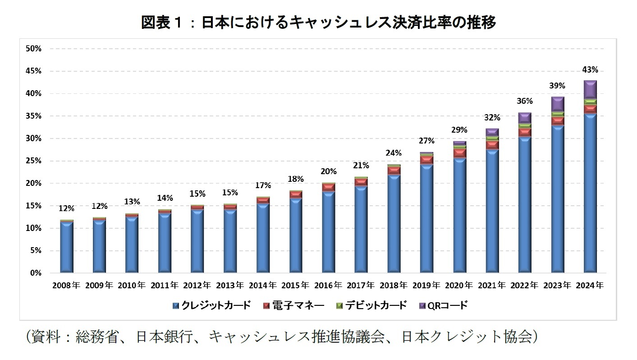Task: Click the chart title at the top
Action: coord(318,22)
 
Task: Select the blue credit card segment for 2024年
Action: coord(590,194)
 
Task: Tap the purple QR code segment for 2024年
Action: coord(590,89)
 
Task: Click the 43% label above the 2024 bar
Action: coord(590,70)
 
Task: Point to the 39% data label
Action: coord(557,86)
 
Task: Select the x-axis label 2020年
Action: coord(459,286)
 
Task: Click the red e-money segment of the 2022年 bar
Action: coord(525,132)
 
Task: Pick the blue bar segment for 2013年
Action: coord(230,241)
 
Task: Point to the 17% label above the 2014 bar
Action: coord(263,185)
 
